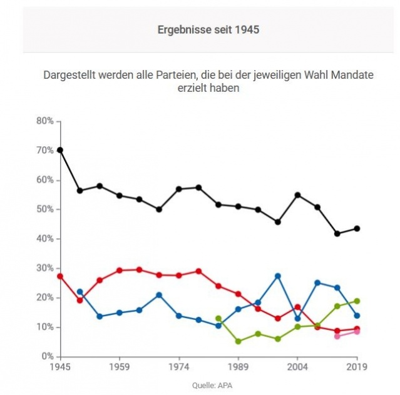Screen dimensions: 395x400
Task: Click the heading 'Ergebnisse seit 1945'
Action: pos(200,29)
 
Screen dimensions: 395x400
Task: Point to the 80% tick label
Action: pos(44,121)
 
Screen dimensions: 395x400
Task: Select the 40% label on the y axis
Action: pos(44,239)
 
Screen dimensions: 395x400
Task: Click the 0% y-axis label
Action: pos(47,357)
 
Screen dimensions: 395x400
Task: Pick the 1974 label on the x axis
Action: pos(179,367)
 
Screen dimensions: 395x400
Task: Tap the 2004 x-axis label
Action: pos(297,367)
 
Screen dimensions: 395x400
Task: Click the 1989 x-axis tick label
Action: pos(238,367)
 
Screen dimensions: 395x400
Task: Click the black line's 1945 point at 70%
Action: pos(60,150)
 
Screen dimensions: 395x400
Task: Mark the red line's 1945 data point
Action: pos(60,276)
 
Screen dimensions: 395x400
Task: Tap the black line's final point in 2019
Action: pos(357,228)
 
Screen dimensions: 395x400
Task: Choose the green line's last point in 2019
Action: pos(357,301)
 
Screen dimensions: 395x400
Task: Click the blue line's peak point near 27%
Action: pos(278,276)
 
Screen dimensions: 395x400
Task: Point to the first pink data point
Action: pos(337,336)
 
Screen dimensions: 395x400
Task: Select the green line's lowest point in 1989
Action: pos(238,341)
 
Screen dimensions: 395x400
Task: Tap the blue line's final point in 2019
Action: pos(357,316)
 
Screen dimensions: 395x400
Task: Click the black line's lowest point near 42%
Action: pos(337,234)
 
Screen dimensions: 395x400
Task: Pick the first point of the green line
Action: pos(218,318)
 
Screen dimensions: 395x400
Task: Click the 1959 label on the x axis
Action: pos(120,367)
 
